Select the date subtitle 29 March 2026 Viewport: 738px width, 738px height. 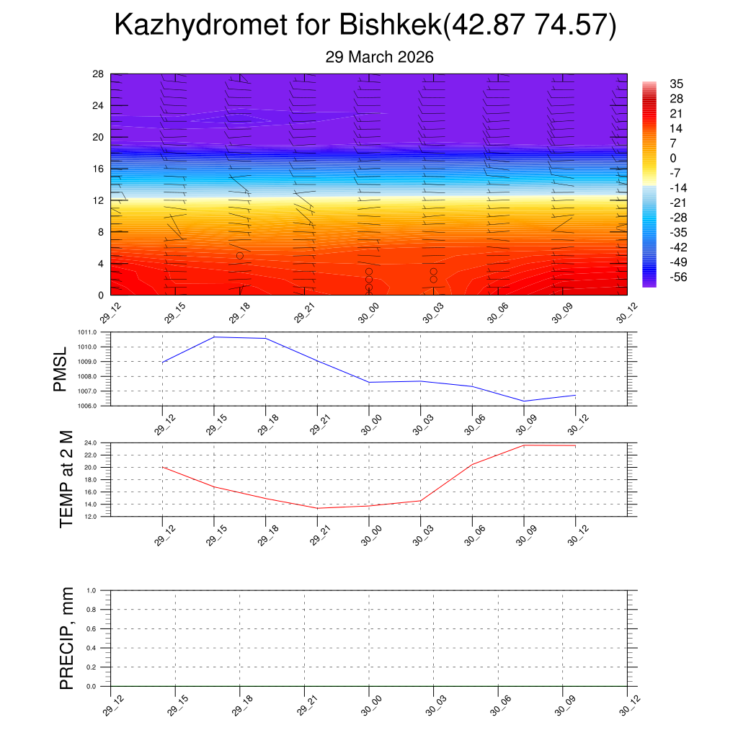point(379,57)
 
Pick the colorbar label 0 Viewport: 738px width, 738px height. point(673,159)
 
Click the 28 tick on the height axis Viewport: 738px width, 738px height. point(98,74)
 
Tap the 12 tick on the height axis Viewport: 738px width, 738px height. point(98,200)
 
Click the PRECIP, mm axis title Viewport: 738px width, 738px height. point(66,639)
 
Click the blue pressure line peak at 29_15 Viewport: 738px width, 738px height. point(214,337)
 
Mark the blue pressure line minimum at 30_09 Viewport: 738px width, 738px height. point(524,401)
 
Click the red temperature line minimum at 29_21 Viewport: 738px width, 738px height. point(318,508)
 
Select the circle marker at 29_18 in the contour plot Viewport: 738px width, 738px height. point(240,256)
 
